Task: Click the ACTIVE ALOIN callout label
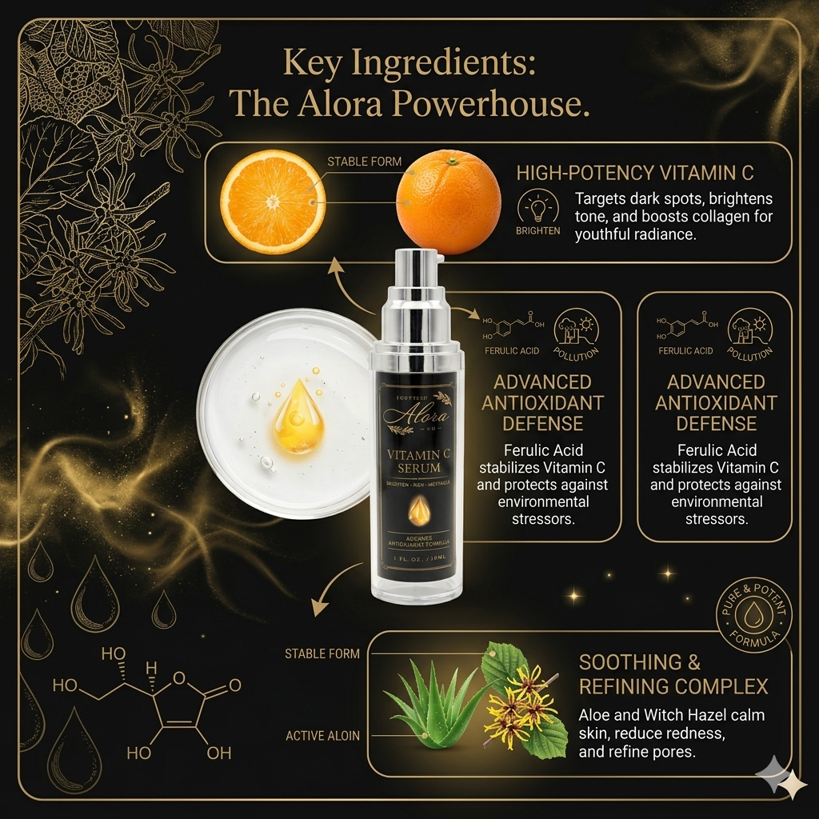[x=322, y=736]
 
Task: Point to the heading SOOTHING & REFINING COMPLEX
[x=673, y=674]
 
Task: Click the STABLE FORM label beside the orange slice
[x=364, y=162]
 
